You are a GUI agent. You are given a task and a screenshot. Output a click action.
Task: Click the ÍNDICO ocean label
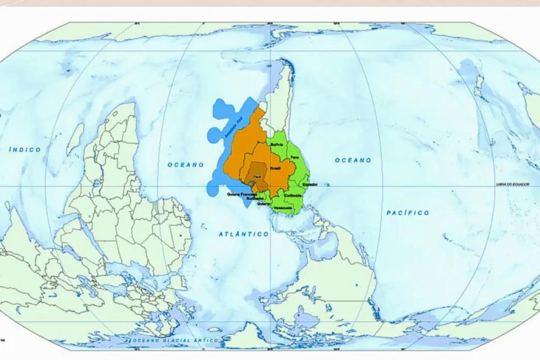25,149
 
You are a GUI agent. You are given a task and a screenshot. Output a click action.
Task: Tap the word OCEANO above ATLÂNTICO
186,165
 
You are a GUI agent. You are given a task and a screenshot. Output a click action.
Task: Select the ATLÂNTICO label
243,234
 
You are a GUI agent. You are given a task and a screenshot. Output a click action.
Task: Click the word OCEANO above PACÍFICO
353,160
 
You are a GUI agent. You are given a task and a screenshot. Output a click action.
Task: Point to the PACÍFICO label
408,212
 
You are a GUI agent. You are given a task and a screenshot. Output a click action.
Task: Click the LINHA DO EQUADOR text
512,184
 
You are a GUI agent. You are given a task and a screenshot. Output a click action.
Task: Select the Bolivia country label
277,144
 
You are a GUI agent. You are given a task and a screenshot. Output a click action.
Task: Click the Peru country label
295,157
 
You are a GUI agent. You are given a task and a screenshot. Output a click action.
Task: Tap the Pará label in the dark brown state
257,177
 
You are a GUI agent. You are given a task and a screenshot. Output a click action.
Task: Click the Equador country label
310,184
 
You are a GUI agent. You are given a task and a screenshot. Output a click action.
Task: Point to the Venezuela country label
283,207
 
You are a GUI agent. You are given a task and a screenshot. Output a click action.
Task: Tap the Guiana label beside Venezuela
263,203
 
